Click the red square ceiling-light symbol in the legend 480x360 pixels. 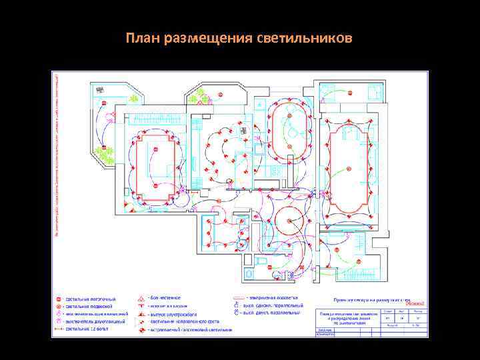point(58,298)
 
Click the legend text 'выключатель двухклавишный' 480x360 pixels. point(94,321)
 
